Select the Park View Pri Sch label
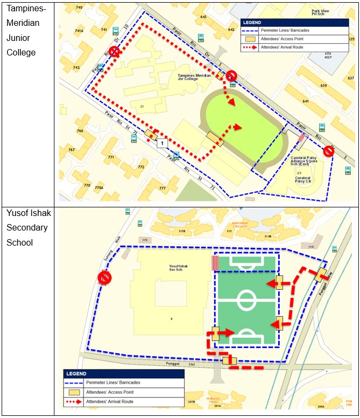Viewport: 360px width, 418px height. pos(335,13)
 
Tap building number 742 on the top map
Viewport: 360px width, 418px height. pos(76,68)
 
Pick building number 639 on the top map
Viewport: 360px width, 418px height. pos(323,86)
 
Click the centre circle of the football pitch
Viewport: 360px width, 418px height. pos(246,297)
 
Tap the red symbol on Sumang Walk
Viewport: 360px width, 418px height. pos(104,277)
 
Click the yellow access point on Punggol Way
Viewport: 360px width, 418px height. pos(322,275)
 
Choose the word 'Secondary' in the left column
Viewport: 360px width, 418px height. pos(27,227)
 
